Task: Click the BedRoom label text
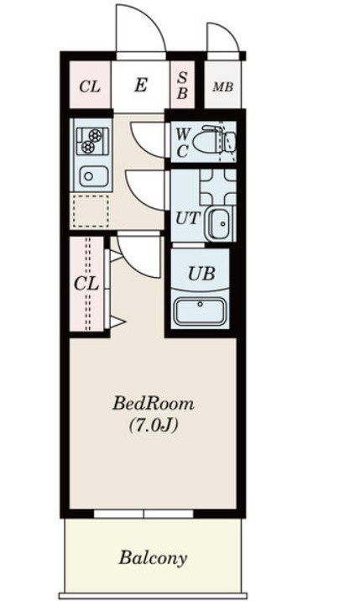coord(153,404)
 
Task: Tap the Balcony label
coord(153,558)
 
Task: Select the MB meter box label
coord(223,87)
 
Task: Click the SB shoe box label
coord(182,85)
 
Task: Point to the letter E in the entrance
coord(141,85)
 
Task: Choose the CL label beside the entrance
coord(90,86)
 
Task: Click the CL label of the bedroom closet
coord(86,284)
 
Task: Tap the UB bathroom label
coord(201,274)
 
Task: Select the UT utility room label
coord(188,219)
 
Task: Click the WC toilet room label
coord(182,143)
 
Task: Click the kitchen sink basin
coord(93,176)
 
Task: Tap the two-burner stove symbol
coord(92,141)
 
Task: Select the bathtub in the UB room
coord(200,311)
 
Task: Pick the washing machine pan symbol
coord(218,187)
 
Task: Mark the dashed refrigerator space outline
coord(91,212)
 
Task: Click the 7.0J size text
coord(154,426)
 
